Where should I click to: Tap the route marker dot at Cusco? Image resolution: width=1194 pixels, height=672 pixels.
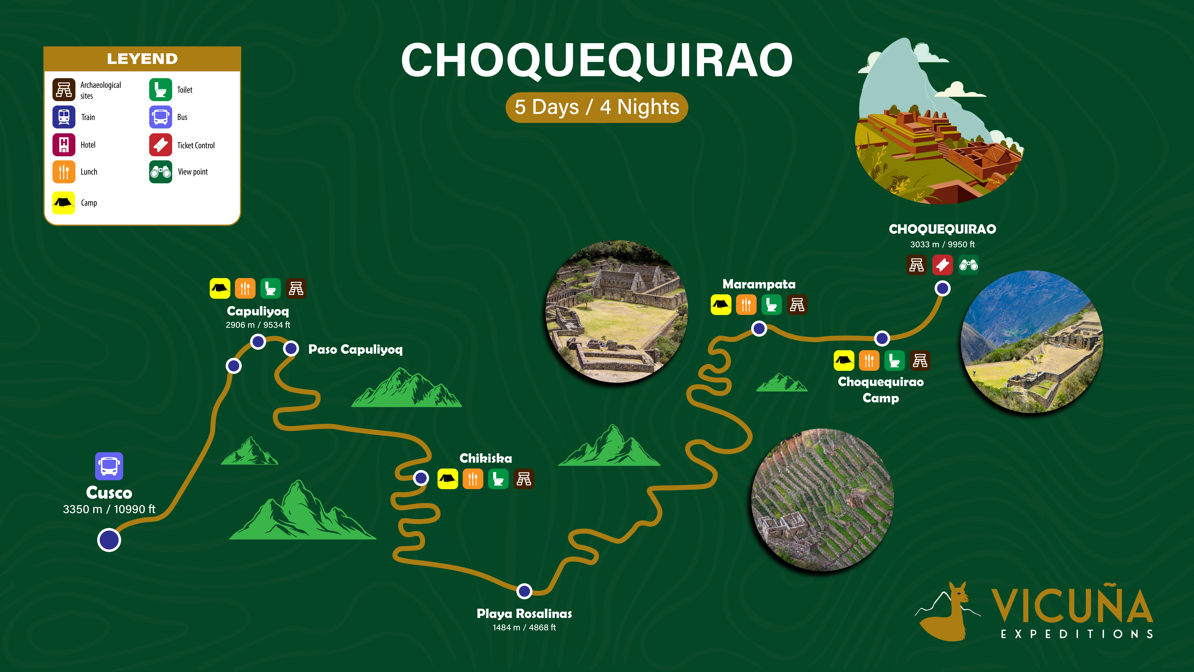[109, 540]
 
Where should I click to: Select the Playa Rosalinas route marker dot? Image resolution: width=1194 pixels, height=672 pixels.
[524, 591]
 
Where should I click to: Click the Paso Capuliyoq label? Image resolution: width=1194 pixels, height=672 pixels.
[356, 349]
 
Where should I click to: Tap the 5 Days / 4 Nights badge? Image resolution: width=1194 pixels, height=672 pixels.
[597, 107]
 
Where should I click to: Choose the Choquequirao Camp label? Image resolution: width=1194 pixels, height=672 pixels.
[881, 390]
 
